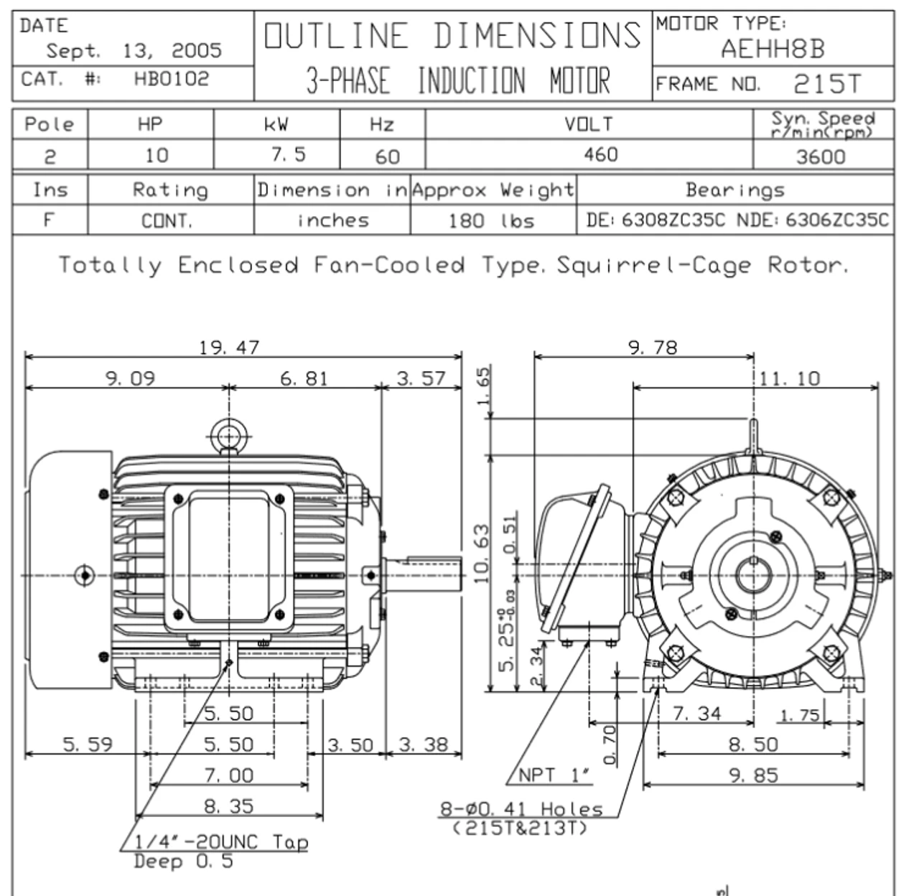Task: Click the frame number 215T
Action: (826, 84)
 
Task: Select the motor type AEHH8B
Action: (773, 50)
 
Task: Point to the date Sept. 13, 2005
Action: (134, 51)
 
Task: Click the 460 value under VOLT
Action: (600, 154)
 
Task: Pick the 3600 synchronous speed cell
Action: (821, 157)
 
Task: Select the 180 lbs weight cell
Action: (492, 220)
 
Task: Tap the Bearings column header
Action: (734, 190)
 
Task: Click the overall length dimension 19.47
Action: (229, 347)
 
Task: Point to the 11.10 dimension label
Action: (789, 378)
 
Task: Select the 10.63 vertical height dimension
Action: (482, 553)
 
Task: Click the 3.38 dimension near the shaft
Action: (423, 745)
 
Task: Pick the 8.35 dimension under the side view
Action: (228, 806)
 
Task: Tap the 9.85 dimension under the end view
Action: (753, 775)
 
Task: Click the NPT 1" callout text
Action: (555, 775)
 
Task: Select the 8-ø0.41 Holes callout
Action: (521, 810)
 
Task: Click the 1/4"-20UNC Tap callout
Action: (221, 841)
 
